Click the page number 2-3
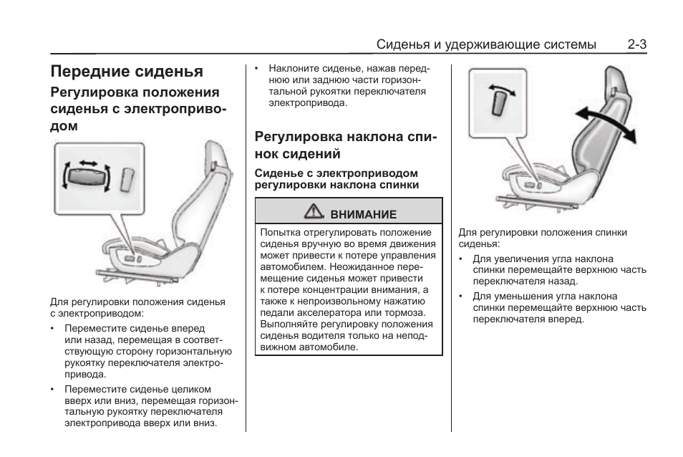[x=636, y=44]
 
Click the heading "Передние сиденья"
[x=127, y=71]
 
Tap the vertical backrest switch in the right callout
[x=500, y=102]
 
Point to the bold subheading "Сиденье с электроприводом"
[x=336, y=173]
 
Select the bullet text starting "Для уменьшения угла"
[x=558, y=307]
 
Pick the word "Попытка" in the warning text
[x=281, y=232]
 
